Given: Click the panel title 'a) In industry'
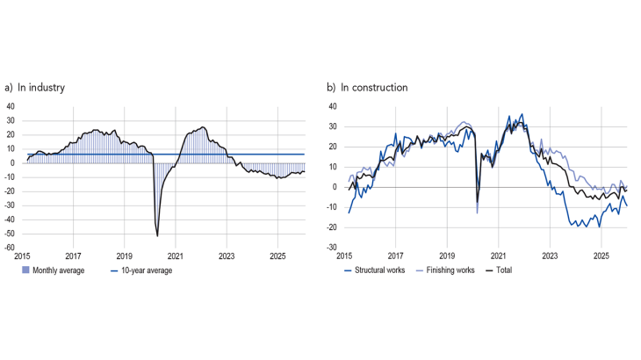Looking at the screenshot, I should tap(34, 88).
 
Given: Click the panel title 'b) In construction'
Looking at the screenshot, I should tap(367, 88).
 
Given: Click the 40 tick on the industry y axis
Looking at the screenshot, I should tap(11, 106).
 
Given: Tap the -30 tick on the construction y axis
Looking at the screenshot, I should tap(332, 248).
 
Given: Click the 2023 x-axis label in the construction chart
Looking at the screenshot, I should tap(550, 257).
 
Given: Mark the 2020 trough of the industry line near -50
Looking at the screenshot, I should tap(157, 235).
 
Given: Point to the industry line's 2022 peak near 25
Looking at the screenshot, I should tap(203, 127).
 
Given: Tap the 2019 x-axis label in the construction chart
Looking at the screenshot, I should tap(447, 257).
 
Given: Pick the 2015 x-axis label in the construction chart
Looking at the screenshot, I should tap(344, 257).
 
